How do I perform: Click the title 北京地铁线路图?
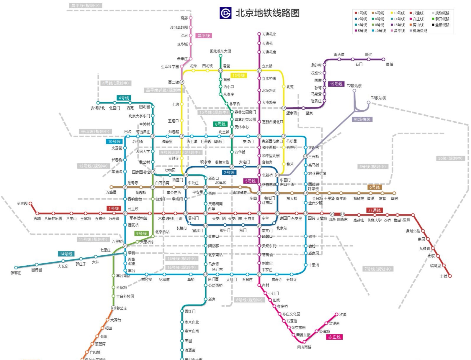(267, 13)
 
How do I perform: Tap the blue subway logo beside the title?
(225, 13)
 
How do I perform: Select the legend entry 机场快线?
(420, 31)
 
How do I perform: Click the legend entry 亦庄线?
(418, 19)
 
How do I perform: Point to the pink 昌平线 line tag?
(204, 36)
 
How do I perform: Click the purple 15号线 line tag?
(336, 84)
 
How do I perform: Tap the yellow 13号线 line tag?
(239, 76)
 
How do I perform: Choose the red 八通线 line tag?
(374, 210)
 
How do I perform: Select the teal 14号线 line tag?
(66, 254)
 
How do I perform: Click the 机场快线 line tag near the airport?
(362, 119)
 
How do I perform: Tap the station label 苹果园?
(22, 203)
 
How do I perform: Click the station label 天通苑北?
(269, 34)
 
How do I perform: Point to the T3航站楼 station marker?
(368, 103)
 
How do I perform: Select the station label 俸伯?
(390, 64)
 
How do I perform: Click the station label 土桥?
(444, 276)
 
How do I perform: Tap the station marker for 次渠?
(336, 315)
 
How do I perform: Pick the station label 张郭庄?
(16, 273)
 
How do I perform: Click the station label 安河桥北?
(98, 108)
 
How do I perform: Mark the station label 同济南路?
(304, 347)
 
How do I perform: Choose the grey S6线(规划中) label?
(450, 158)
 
